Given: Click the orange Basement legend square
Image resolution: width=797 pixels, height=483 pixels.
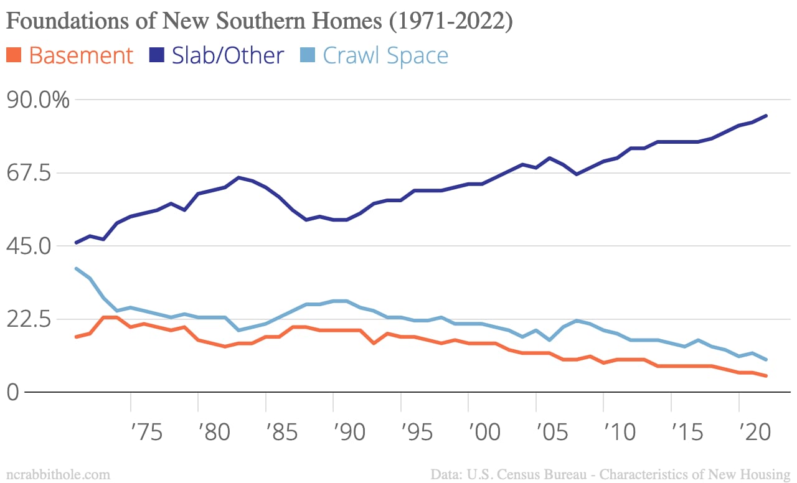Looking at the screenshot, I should pos(14,55).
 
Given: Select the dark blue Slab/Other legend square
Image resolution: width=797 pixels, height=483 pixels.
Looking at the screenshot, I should pos(156,55).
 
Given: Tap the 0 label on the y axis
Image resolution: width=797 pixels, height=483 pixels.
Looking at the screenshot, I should pos(14,392).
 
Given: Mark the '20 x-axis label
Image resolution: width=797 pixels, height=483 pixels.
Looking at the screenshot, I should pos(753,432).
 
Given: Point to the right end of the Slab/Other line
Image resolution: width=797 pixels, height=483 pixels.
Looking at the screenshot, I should pos(766,116).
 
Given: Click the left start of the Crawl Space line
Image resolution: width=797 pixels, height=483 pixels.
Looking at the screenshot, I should pos(76,268).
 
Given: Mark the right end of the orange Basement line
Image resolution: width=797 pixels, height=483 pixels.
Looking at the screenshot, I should pos(766,376).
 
